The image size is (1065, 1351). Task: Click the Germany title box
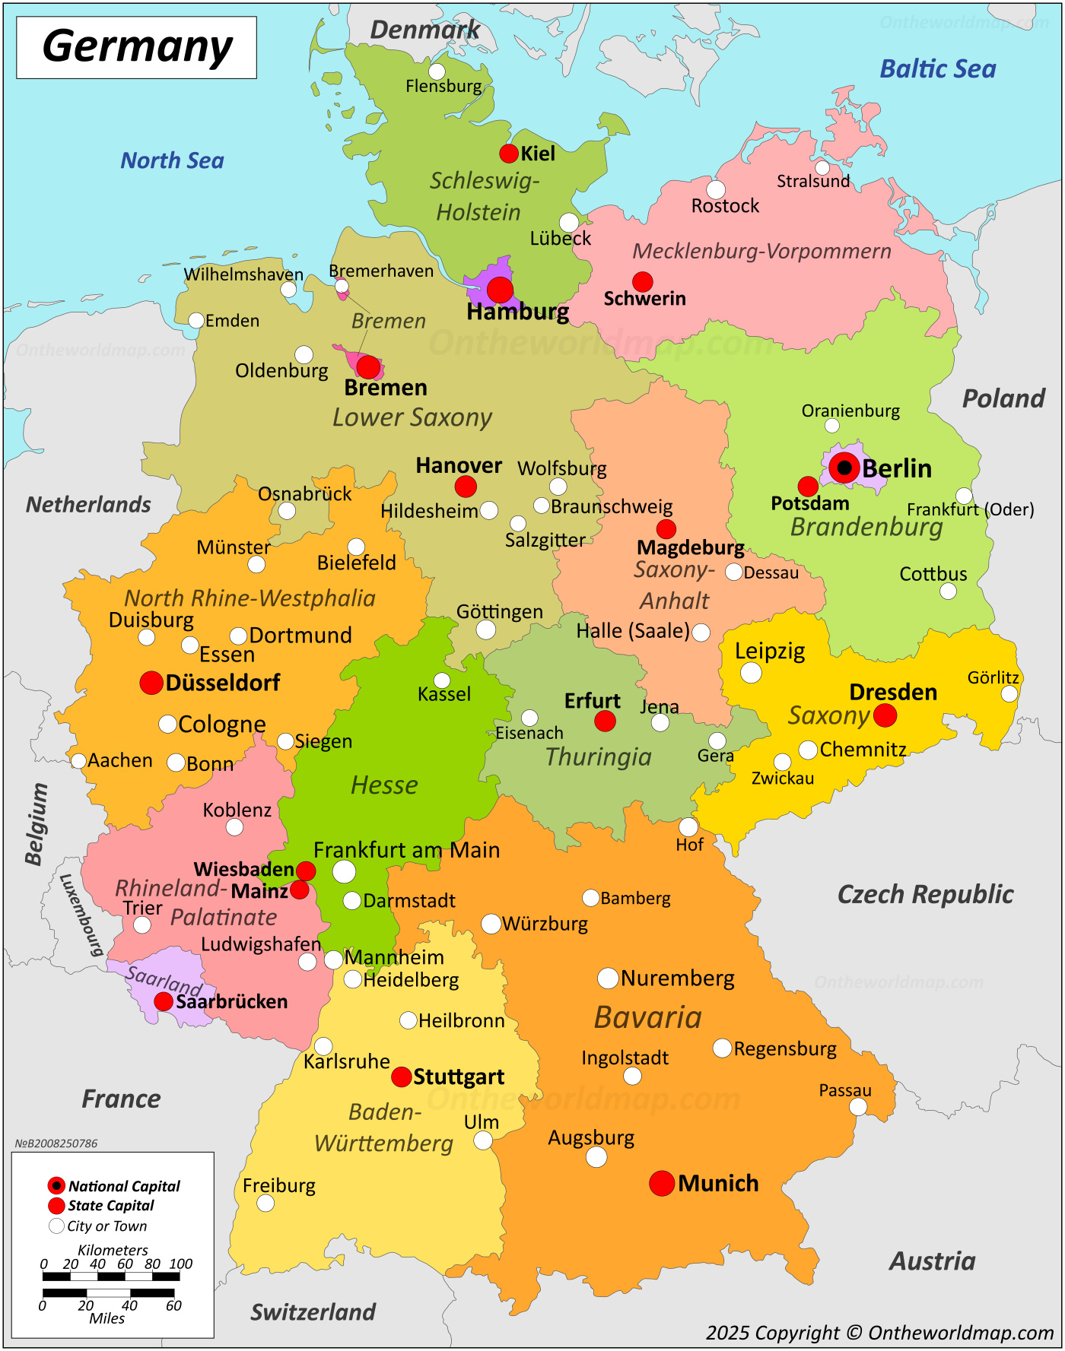click(x=137, y=47)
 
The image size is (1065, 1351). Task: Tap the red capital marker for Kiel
click(x=509, y=154)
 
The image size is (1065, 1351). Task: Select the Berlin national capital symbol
click(x=844, y=468)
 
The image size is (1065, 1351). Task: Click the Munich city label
click(x=718, y=1183)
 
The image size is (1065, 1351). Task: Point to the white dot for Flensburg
click(x=437, y=71)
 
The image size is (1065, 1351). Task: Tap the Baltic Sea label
click(x=937, y=69)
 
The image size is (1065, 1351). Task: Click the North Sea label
click(x=173, y=160)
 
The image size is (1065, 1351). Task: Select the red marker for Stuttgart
click(x=402, y=1077)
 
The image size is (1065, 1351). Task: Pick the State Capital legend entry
click(x=110, y=1206)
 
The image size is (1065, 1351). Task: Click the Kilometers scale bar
click(x=111, y=1276)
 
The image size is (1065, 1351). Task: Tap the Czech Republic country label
click(x=925, y=894)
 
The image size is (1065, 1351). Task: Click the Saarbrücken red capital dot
click(x=164, y=1001)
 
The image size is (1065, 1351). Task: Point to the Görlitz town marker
click(x=1009, y=693)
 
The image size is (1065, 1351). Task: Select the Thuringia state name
click(x=599, y=756)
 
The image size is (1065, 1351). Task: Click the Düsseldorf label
click(x=222, y=683)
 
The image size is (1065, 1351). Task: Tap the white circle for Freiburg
click(x=265, y=1203)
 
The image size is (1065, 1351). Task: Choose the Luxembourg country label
click(x=81, y=915)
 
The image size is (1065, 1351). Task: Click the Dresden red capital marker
click(x=885, y=715)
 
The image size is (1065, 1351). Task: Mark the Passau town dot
click(x=857, y=1107)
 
